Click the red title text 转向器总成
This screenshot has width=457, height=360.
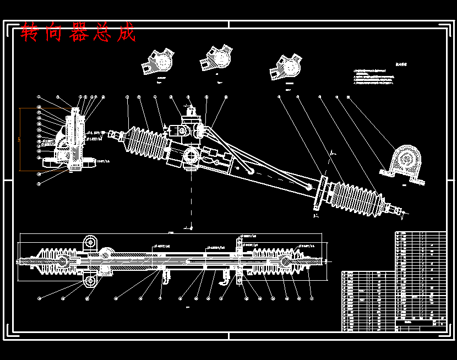pyautogui.click(x=78, y=33)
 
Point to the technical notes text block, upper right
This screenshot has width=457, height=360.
pyautogui.click(x=374, y=76)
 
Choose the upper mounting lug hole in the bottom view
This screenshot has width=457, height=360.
pyautogui.click(x=90, y=242)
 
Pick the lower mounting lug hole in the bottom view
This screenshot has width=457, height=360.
pyautogui.click(x=90, y=281)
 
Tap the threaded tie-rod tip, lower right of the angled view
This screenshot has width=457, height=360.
pyautogui.click(x=398, y=210)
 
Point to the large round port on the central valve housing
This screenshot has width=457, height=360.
pyautogui.click(x=192, y=157)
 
